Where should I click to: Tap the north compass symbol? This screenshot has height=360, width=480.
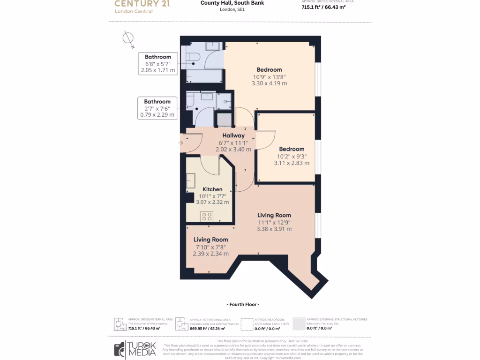click(127, 39)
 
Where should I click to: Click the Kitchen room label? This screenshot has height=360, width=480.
click(212, 189)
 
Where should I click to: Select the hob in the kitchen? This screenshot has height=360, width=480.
click(207, 216)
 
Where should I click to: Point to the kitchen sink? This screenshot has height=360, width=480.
click(191, 181)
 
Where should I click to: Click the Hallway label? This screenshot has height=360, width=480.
click(233, 135)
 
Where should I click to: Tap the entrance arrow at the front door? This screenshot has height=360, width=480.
click(182, 142)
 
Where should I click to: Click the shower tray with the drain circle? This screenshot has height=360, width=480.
click(226, 101)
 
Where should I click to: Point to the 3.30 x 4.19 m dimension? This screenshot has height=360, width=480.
click(269, 83)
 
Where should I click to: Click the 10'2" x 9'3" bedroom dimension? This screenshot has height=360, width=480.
click(292, 156)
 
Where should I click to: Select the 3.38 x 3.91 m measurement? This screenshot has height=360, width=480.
click(274, 229)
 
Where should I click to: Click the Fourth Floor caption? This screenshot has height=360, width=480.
click(242, 304)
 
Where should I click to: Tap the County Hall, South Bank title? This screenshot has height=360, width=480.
click(232, 3)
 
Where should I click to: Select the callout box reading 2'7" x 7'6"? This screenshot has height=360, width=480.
click(157, 108)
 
